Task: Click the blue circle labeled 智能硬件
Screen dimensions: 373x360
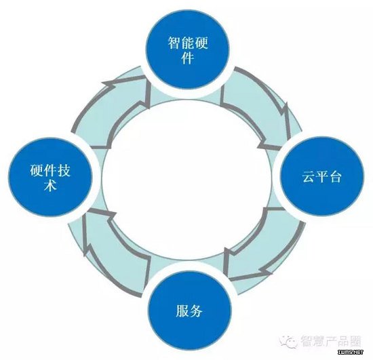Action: (x=187, y=49)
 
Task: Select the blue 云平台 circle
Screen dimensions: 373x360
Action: (x=321, y=176)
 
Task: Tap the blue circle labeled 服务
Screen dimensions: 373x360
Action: (x=190, y=311)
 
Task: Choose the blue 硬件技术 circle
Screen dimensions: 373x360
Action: (x=50, y=177)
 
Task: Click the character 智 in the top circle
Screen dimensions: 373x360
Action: (x=174, y=43)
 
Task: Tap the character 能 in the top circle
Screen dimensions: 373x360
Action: (x=188, y=43)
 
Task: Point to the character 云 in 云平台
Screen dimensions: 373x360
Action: (x=309, y=176)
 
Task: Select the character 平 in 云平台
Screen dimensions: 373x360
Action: (x=322, y=176)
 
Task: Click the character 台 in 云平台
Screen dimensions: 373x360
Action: (x=335, y=176)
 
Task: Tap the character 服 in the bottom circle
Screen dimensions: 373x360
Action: (x=182, y=311)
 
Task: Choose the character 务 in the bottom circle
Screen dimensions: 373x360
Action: (x=196, y=311)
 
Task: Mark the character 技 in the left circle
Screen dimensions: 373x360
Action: (x=64, y=170)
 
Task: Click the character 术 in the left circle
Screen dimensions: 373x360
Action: (x=50, y=185)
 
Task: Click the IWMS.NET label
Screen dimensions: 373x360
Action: (x=351, y=352)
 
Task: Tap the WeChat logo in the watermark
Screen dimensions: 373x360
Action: (x=288, y=341)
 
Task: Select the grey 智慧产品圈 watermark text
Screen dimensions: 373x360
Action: (x=331, y=341)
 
